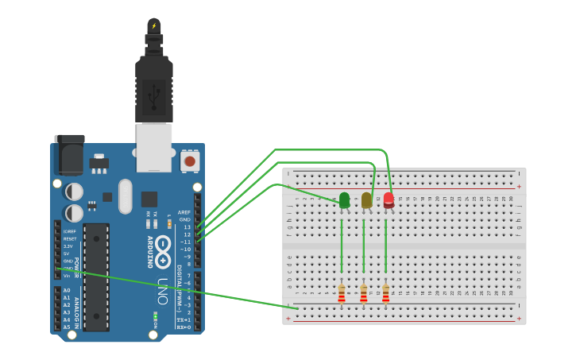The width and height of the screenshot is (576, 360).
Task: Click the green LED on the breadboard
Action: click(x=344, y=200)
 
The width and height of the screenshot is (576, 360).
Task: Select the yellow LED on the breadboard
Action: click(x=366, y=200)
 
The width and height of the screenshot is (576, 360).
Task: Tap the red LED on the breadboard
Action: click(x=389, y=199)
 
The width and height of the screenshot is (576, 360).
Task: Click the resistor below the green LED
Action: click(x=342, y=294)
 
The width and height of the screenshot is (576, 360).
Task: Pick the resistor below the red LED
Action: click(x=385, y=294)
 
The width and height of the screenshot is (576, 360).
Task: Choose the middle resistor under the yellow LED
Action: click(x=364, y=294)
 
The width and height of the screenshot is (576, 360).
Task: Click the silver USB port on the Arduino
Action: click(x=154, y=147)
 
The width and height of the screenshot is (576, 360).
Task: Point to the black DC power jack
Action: click(x=69, y=155)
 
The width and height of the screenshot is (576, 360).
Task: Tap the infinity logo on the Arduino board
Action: click(x=163, y=250)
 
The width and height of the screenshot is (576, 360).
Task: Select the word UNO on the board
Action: click(x=163, y=290)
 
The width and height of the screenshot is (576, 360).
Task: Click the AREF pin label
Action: click(x=184, y=212)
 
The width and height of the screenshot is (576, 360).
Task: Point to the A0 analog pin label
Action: click(x=67, y=291)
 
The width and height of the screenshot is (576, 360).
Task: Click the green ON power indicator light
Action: click(x=156, y=316)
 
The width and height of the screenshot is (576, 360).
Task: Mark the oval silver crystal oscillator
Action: click(x=125, y=196)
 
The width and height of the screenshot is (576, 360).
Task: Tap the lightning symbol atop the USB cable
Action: click(x=154, y=25)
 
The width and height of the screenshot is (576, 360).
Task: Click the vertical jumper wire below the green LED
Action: click(x=342, y=246)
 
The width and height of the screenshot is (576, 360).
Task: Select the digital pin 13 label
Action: click(x=187, y=227)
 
